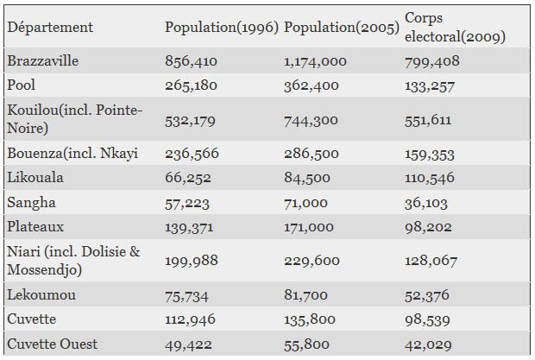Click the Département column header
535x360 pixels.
tap(50, 28)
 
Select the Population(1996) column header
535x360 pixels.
tap(222, 28)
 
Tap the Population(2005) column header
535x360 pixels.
tap(342, 28)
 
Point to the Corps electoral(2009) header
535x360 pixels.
tap(455, 27)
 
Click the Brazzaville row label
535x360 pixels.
tap(42, 61)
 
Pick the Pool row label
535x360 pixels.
tap(22, 85)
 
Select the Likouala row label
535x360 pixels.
tap(35, 178)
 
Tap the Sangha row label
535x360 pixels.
tap(31, 203)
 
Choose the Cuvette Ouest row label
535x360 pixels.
tap(52, 344)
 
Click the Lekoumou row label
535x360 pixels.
tap(41, 295)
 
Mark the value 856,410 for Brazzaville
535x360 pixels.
tap(191, 61)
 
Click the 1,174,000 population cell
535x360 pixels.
tap(315, 61)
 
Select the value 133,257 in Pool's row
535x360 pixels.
tap(430, 86)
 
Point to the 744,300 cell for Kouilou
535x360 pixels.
tap(311, 121)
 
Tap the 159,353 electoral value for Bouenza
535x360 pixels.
tap(430, 155)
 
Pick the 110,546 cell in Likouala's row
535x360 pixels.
tap(430, 178)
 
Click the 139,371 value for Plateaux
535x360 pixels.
tap(189, 228)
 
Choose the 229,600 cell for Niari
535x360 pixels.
tap(312, 261)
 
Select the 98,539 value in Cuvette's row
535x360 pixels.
tap(427, 320)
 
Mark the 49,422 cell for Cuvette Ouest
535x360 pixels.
tap(188, 345)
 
